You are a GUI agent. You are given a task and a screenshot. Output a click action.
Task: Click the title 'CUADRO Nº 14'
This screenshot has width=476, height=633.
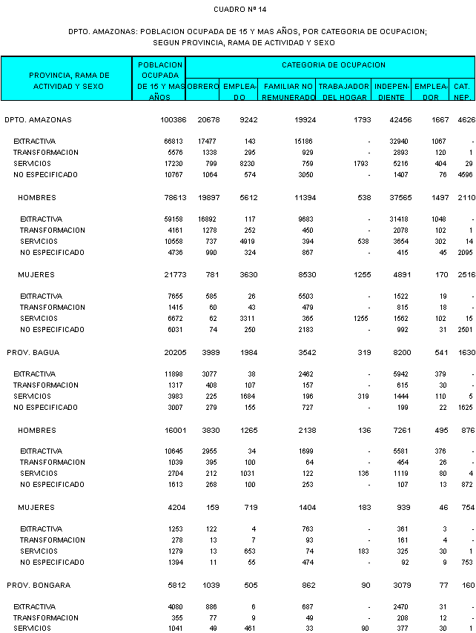[239, 9]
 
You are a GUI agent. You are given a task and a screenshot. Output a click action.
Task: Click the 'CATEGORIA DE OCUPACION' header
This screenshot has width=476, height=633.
[334, 65]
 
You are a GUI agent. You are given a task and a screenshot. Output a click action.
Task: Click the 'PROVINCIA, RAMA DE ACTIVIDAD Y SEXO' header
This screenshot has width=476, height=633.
[69, 81]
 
